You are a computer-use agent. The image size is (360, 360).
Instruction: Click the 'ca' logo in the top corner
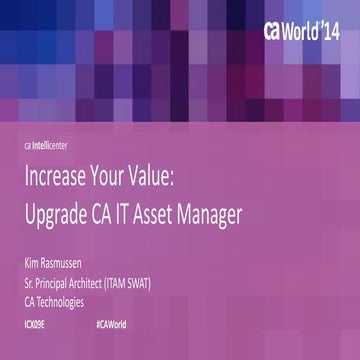click(x=275, y=30)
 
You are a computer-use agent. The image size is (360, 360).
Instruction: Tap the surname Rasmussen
click(x=74, y=265)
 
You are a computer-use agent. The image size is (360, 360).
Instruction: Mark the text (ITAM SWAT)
click(x=163, y=282)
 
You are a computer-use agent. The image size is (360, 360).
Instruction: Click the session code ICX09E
click(x=36, y=326)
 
